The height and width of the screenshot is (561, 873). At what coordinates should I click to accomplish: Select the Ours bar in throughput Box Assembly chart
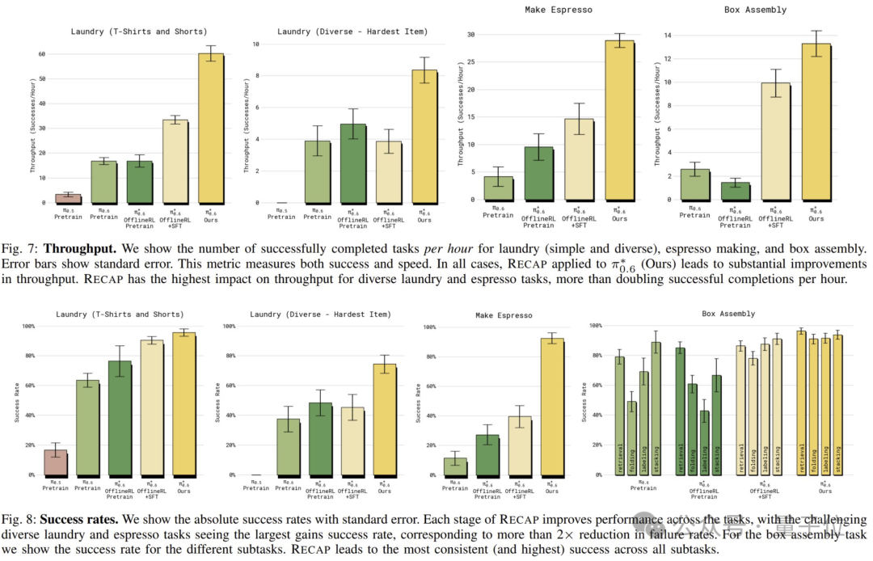tap(816, 121)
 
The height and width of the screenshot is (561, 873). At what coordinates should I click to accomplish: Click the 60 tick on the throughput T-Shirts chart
tap(43, 54)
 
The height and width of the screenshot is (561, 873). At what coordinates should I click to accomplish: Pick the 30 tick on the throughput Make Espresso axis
tap(471, 35)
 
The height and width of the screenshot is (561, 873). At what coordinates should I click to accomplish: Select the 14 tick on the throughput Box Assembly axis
tap(668, 35)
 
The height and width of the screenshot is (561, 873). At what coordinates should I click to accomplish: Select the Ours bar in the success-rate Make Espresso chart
tap(551, 407)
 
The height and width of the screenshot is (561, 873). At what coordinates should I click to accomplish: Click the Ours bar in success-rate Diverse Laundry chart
tap(384, 420)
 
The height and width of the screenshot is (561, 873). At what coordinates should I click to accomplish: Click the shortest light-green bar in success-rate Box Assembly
tap(631, 438)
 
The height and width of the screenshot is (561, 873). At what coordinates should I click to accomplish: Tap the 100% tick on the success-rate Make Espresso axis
tap(429, 327)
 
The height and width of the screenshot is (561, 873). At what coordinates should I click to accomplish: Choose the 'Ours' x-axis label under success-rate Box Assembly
tap(824, 487)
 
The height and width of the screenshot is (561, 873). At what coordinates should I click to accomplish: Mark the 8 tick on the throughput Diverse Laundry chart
tap(257, 76)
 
